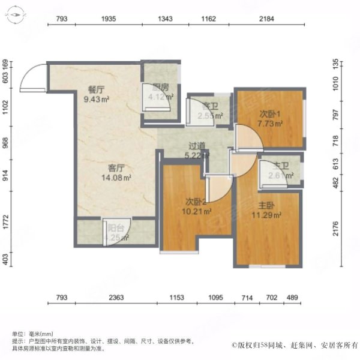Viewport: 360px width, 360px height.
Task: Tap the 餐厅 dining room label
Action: (97, 89)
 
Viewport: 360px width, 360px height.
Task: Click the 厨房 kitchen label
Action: (159, 86)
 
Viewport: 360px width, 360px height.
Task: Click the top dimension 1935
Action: (108, 20)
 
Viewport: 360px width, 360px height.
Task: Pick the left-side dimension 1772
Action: (6, 218)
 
